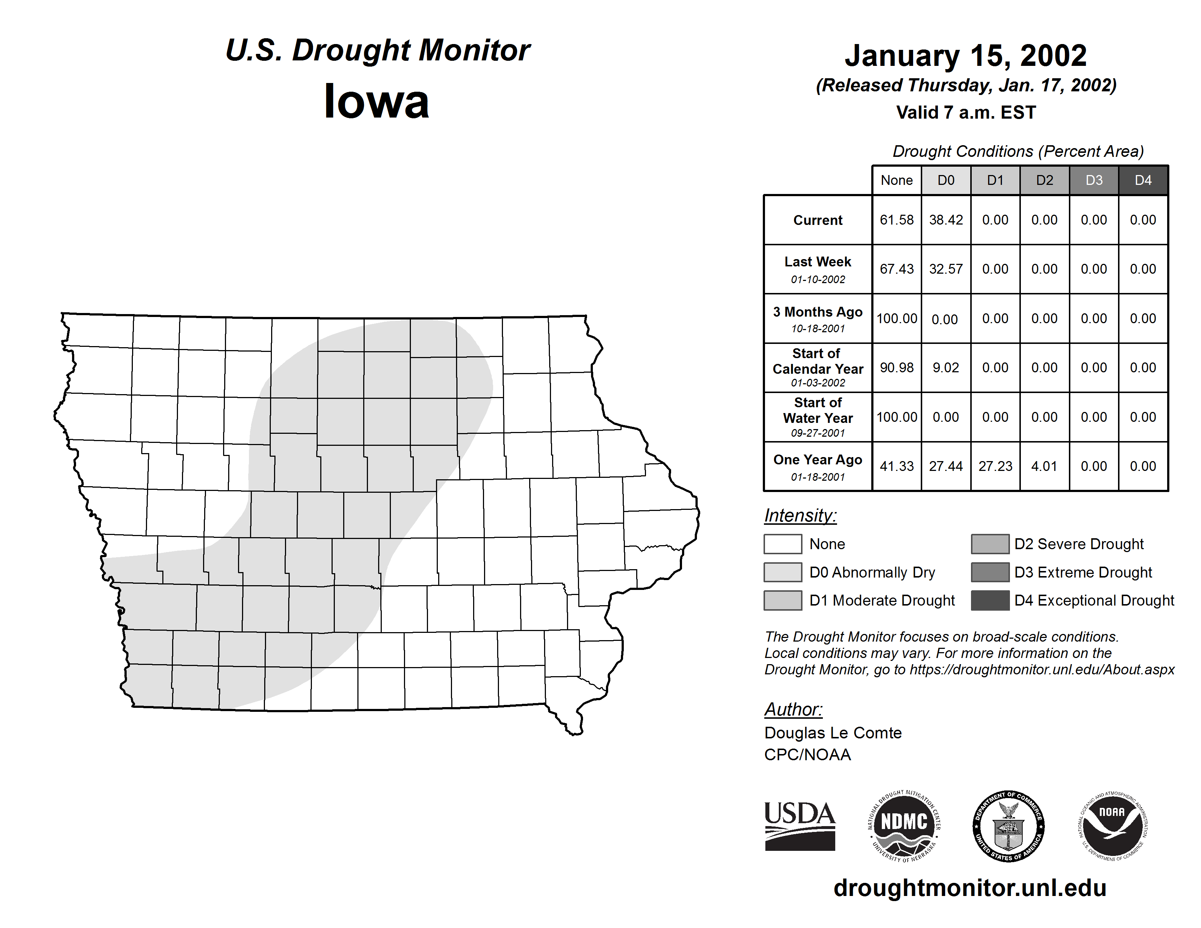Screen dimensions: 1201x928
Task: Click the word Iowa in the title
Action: [x=377, y=101]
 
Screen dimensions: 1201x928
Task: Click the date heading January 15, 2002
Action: [x=966, y=56]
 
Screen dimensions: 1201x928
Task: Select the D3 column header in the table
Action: [x=1094, y=180]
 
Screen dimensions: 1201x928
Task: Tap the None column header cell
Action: [x=896, y=180]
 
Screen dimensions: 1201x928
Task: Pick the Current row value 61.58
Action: [x=896, y=220]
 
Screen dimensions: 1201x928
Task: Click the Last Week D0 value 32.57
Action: [x=946, y=269]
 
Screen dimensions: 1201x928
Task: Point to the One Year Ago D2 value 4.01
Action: [x=1044, y=466]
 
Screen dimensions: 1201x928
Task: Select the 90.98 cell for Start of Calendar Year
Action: [x=896, y=367]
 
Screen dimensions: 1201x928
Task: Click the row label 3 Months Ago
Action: [x=818, y=312]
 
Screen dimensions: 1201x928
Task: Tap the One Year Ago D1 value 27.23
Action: [x=995, y=466]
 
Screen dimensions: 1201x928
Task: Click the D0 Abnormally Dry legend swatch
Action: [x=782, y=572]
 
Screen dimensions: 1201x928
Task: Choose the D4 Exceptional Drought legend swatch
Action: [x=990, y=600]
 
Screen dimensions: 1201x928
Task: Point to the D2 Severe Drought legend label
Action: [x=1079, y=544]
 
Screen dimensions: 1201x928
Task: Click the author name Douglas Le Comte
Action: [x=833, y=733]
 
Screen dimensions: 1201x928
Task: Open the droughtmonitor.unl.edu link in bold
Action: [x=970, y=888]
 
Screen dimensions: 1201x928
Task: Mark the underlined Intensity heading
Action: [x=800, y=516]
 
